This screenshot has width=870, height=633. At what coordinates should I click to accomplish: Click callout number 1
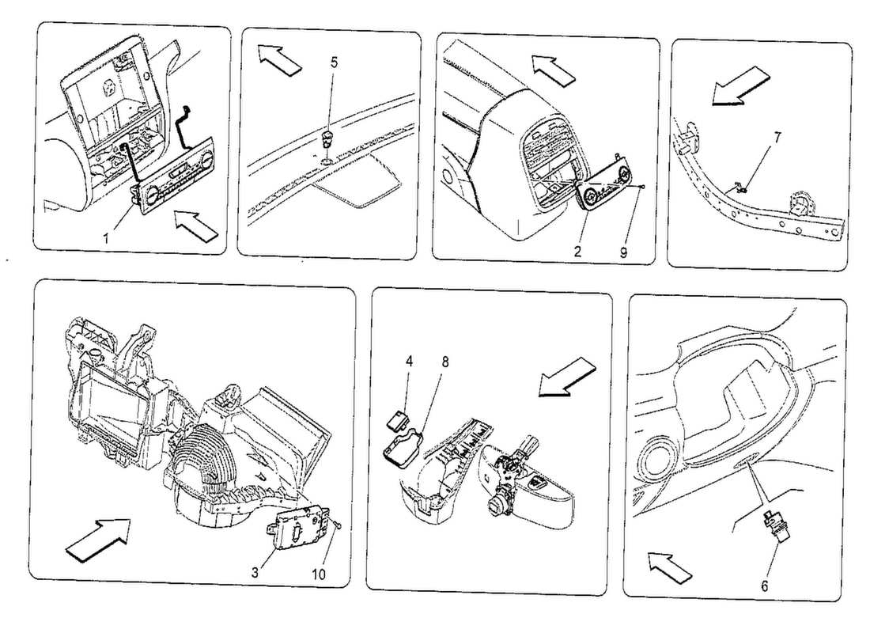coord(105,238)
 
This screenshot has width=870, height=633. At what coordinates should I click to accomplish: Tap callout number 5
coord(334,63)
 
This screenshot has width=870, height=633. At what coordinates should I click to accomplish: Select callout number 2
coord(577,252)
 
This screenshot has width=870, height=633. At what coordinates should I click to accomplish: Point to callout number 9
coord(624,252)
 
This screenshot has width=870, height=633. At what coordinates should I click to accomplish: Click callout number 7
coord(777,137)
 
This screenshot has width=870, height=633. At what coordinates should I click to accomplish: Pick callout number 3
coord(255,573)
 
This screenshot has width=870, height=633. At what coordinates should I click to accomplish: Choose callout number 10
coord(319,574)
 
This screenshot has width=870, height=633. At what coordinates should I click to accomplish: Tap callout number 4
coord(409,362)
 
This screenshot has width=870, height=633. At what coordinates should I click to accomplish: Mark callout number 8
coord(445,362)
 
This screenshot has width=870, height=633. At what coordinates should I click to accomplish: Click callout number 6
coord(764,586)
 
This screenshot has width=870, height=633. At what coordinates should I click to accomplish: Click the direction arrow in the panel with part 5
coord(279,59)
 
